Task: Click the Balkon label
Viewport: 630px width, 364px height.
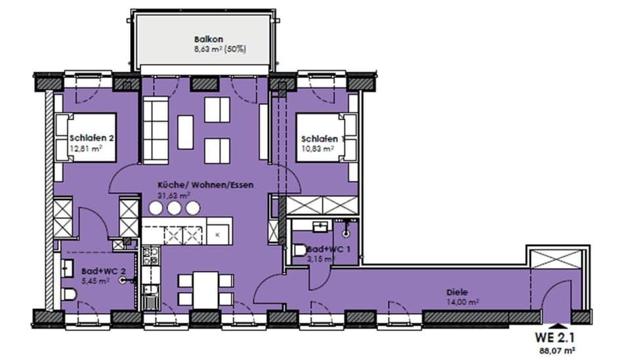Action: (x=204, y=39)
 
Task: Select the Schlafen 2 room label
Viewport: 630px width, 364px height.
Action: (x=93, y=138)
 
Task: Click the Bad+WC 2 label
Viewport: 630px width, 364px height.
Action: (x=99, y=270)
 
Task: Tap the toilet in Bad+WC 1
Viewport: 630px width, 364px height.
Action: (x=298, y=250)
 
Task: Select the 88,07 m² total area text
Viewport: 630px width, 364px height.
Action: (x=558, y=351)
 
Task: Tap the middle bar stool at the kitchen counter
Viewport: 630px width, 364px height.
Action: (x=174, y=208)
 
